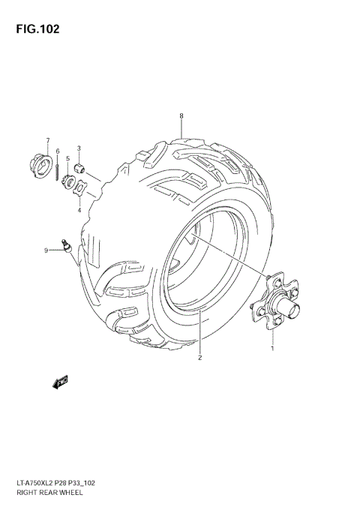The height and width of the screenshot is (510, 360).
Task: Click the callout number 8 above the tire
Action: pos(181,115)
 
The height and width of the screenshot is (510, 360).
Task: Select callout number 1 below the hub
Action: pos(272,349)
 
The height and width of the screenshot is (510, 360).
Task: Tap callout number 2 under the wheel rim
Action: pos(200,358)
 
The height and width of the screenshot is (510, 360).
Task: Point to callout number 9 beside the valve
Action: pos(46,250)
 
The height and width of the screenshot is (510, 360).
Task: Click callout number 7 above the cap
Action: pos(47,140)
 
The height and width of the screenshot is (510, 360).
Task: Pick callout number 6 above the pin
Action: pos(58,151)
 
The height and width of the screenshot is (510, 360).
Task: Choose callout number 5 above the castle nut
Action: pos(67,158)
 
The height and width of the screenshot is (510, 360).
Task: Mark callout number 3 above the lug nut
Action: pos(79,148)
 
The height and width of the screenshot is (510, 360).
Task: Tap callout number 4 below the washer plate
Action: pos(79,211)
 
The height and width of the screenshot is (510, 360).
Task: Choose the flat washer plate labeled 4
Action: pos(81,185)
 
